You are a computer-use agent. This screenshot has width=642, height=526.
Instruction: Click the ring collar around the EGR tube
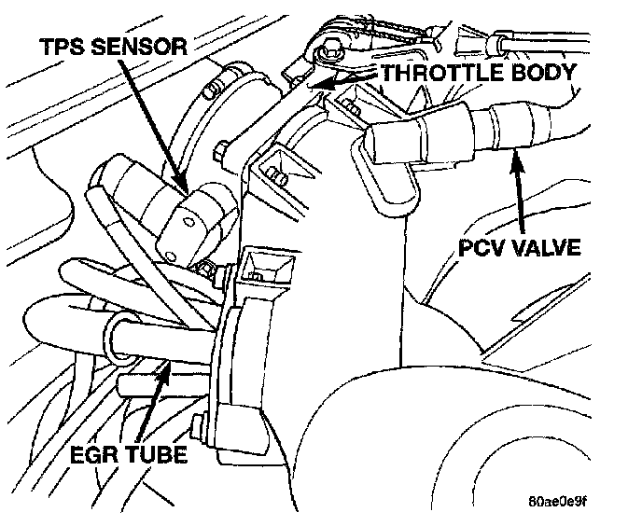[x=118, y=337]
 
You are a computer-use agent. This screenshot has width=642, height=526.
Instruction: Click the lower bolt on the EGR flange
[x=199, y=430]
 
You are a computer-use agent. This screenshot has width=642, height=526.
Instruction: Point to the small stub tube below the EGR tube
[x=132, y=383]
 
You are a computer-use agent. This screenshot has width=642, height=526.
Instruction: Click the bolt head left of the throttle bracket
[x=225, y=149]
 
